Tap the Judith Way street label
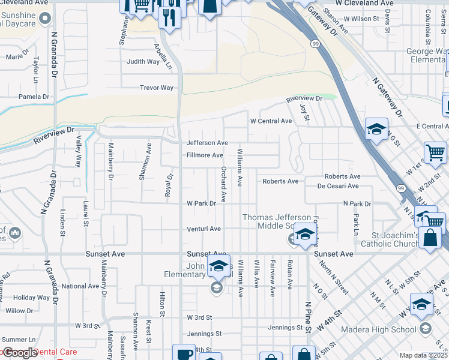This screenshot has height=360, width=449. [x=143, y=61]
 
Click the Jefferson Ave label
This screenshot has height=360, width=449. [x=207, y=143]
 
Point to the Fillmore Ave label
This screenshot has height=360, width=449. [x=205, y=155]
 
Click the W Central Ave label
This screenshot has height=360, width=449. [x=271, y=121]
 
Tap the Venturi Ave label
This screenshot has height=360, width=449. [x=203, y=229]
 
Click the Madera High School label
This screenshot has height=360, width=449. [x=378, y=329]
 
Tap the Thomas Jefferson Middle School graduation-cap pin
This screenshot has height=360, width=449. [x=305, y=235]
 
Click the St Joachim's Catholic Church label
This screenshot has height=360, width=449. [x=390, y=239]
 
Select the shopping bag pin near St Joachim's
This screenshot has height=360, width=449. [x=431, y=238]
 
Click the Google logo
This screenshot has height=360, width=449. [x=20, y=353]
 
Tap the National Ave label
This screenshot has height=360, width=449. [x=80, y=286]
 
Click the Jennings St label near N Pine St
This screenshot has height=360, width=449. [x=285, y=328]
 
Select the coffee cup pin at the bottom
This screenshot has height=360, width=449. [x=184, y=353]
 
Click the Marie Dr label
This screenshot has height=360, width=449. [x=17, y=58]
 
